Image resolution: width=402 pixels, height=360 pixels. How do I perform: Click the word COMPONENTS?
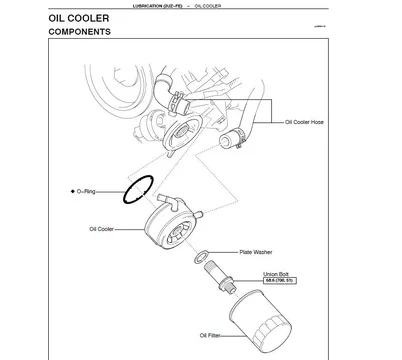tap(79, 32)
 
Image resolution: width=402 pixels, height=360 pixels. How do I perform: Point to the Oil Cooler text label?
tap(102, 229)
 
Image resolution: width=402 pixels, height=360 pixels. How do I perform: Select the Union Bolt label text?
tap(276, 273)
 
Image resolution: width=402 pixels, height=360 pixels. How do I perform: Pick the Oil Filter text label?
tap(210, 335)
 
